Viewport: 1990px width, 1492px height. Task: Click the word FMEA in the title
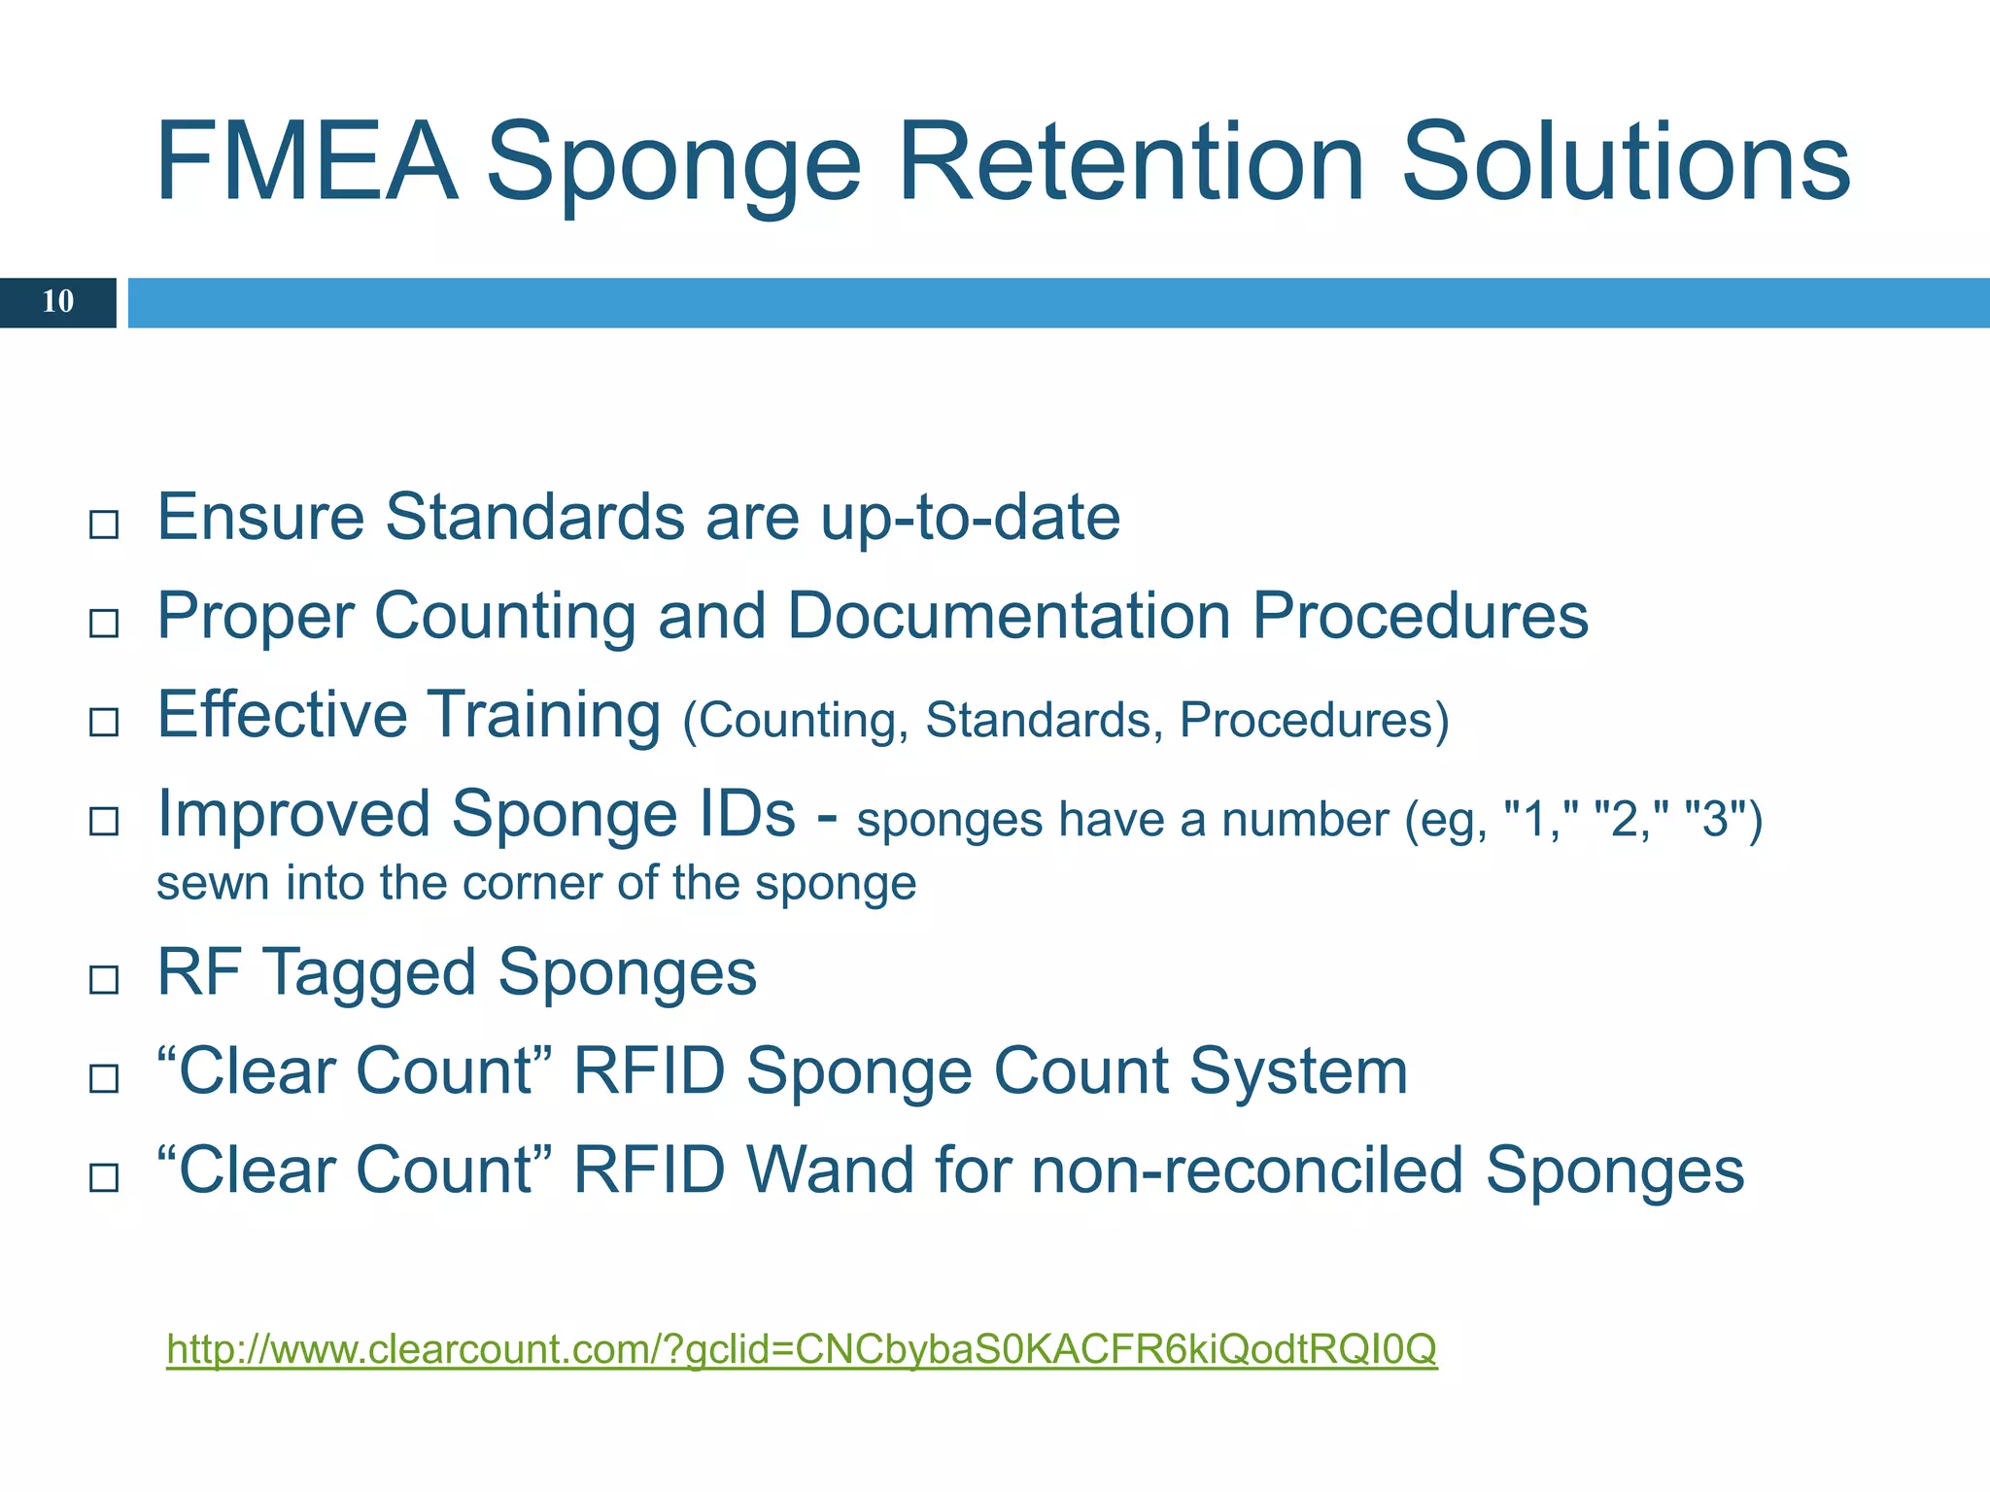(305, 161)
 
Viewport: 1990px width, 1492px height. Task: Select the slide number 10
(57, 302)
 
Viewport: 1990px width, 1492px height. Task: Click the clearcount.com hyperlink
(801, 1349)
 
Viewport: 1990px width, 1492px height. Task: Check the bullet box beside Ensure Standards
(104, 526)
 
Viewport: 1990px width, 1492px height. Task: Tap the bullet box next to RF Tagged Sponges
(104, 979)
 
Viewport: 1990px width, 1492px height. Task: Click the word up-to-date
(970, 518)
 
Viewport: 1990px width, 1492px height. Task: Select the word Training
(545, 715)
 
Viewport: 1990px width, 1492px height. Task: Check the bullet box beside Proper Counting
(104, 624)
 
